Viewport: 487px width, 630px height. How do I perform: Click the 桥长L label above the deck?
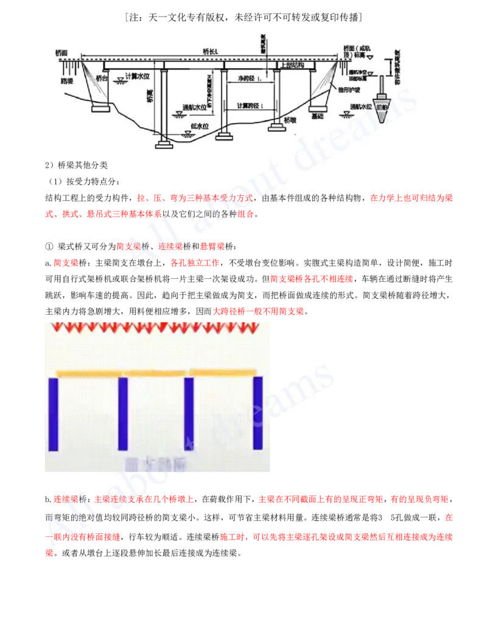point(210,51)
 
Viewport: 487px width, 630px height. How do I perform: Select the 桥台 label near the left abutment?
point(102,79)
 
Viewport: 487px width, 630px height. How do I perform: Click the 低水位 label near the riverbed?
point(200,125)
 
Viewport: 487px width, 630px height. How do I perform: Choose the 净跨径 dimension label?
point(247,79)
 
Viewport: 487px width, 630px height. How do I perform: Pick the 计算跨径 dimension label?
point(250,105)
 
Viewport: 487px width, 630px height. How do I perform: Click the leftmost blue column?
point(54,415)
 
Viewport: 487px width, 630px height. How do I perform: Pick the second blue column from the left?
point(122,415)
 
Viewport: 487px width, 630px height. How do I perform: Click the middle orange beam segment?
point(156,373)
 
